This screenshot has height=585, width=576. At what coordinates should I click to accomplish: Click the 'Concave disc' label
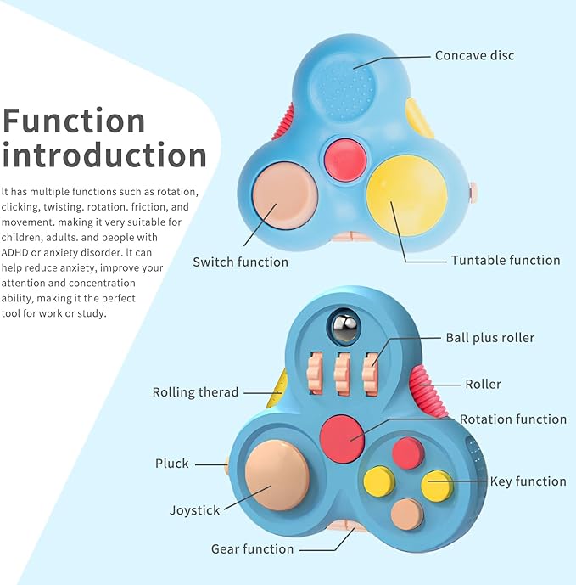tap(474, 56)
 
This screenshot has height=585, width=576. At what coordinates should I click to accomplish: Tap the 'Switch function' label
tap(240, 262)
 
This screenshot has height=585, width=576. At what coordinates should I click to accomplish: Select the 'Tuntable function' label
tap(506, 260)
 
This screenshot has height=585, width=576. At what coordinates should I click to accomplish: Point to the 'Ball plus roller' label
tap(489, 338)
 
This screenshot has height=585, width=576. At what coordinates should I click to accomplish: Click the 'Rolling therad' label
tap(195, 392)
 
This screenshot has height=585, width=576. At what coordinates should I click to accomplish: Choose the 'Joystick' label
tap(194, 510)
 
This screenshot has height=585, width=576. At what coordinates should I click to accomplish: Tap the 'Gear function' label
tap(252, 548)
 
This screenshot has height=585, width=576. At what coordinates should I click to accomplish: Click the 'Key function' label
tap(528, 481)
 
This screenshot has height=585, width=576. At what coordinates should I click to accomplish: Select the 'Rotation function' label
tap(512, 419)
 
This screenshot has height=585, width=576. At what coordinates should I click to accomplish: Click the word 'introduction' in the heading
tap(105, 156)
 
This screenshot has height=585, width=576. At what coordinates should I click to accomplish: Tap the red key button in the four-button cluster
tap(408, 453)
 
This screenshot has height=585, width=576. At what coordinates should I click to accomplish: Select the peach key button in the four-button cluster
tap(406, 513)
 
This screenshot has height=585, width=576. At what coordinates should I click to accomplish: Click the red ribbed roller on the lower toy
tap(432, 387)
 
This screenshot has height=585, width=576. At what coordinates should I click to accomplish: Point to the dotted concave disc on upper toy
tap(350, 84)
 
